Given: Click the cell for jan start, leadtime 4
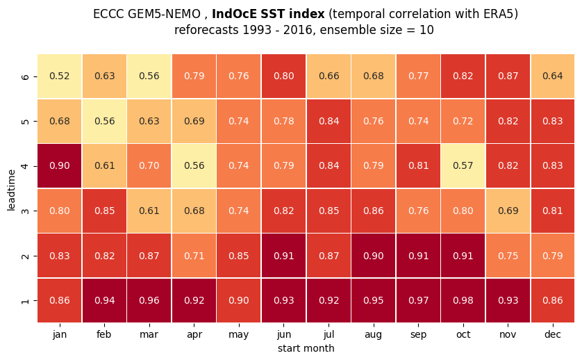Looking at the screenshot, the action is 60,165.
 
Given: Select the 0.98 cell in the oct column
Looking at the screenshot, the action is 463,300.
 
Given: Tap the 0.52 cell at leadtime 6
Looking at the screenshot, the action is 60,76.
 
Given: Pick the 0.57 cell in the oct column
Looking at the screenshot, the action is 463,165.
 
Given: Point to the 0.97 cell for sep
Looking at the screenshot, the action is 418,300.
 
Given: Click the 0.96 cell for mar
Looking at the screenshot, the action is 149,300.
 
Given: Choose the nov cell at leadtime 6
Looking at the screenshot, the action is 508,76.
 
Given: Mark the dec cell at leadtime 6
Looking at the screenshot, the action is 553,76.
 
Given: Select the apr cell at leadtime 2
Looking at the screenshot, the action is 194,256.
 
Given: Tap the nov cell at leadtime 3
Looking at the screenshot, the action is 508,211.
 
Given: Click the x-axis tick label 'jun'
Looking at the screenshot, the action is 284,335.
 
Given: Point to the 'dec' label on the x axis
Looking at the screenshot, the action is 553,334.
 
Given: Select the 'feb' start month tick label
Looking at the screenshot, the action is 104,334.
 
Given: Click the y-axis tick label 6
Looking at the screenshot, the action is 25,76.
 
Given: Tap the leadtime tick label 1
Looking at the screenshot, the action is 25,300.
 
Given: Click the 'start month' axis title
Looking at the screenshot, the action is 306,348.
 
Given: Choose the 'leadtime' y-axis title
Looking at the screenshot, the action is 11,190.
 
